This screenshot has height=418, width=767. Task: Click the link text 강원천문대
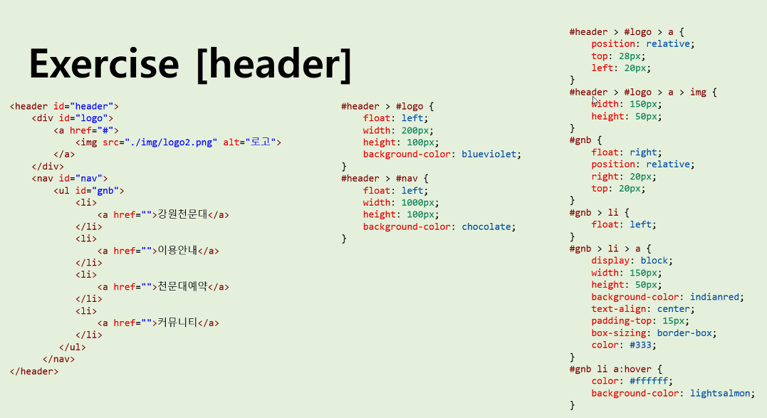click(181, 214)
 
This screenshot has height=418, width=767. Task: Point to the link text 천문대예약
click(181, 287)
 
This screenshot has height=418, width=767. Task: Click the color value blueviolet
click(491, 155)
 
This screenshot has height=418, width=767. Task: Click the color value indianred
click(715, 297)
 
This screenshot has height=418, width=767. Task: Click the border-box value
click(687, 333)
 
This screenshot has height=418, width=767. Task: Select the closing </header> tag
click(34, 371)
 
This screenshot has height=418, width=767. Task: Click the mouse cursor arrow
click(595, 101)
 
